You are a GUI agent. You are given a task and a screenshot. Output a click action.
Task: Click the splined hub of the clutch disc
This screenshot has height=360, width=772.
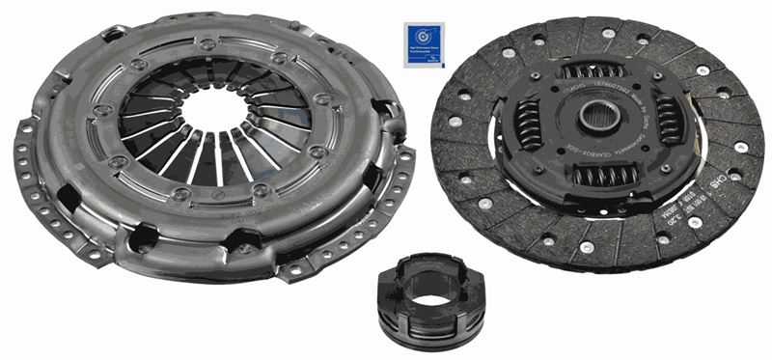pyautogui.click(x=595, y=121)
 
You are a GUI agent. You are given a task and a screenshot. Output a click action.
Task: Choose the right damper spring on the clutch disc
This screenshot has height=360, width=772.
pyautogui.click(x=669, y=120)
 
